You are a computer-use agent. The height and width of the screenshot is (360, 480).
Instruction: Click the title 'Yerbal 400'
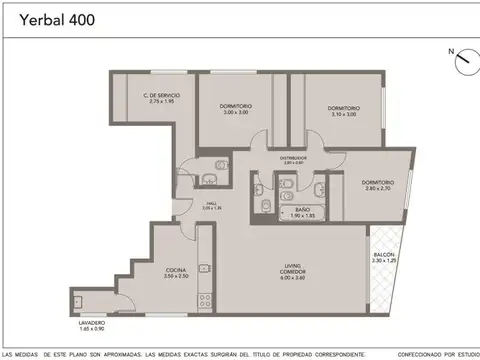[x=39, y=19]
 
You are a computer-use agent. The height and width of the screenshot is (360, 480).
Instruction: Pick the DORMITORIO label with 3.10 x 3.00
[x=343, y=108]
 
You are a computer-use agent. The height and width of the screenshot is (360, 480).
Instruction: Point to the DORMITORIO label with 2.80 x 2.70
[x=378, y=182]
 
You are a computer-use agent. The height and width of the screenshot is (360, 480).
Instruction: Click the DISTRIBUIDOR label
[x=293, y=157]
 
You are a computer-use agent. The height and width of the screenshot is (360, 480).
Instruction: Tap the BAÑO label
[x=302, y=210]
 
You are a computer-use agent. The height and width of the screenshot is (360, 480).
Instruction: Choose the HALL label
[x=211, y=202]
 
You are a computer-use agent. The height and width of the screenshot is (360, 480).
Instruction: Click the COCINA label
[x=176, y=270]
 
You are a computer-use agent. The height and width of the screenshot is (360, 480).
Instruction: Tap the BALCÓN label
[x=385, y=255]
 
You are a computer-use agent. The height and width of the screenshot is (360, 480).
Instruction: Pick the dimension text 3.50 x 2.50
[x=176, y=276]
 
